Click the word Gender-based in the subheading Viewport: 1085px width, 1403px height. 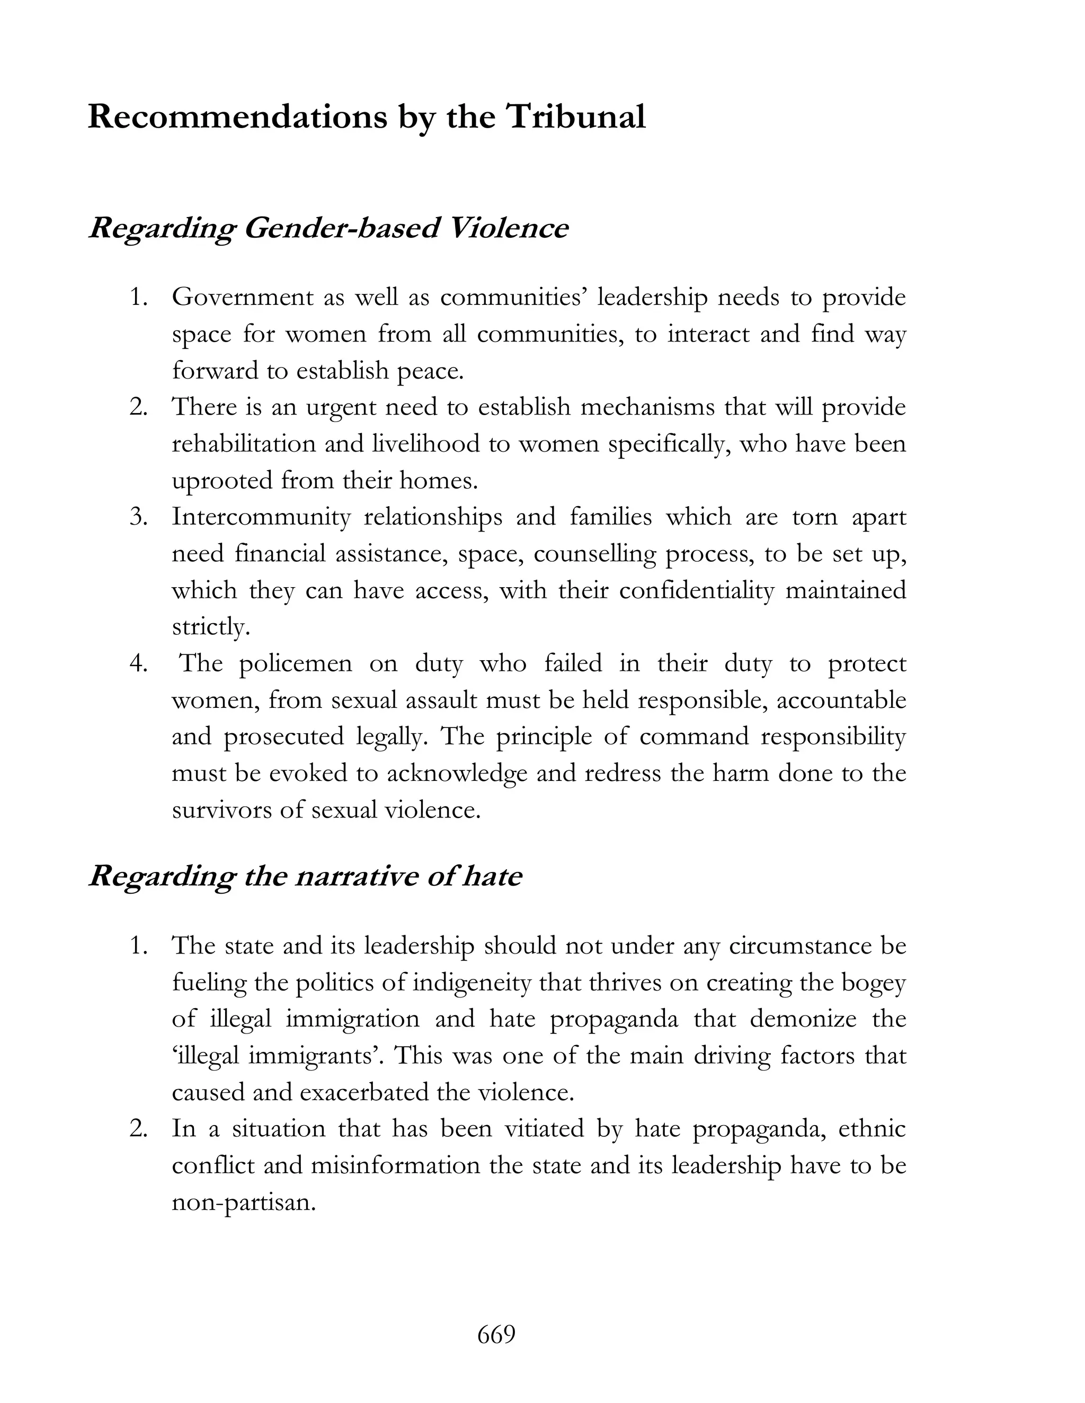[x=341, y=229]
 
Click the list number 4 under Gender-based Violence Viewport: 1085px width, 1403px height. [x=138, y=663]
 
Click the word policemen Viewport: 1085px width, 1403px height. [x=296, y=663]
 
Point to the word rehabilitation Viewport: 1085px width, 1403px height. [x=244, y=444]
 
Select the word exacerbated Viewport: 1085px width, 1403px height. [x=367, y=1093]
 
